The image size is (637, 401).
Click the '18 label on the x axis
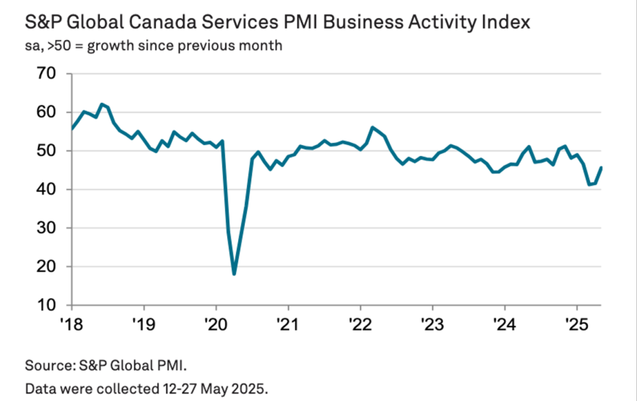click(72, 324)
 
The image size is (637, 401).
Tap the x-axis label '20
click(216, 324)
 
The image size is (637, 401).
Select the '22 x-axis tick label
click(360, 324)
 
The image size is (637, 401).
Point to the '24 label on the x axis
click(505, 324)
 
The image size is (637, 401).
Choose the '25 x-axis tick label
click(577, 324)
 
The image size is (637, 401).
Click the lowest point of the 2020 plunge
click(234, 274)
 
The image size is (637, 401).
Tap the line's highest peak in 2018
click(102, 104)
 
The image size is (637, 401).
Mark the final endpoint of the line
click(601, 167)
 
